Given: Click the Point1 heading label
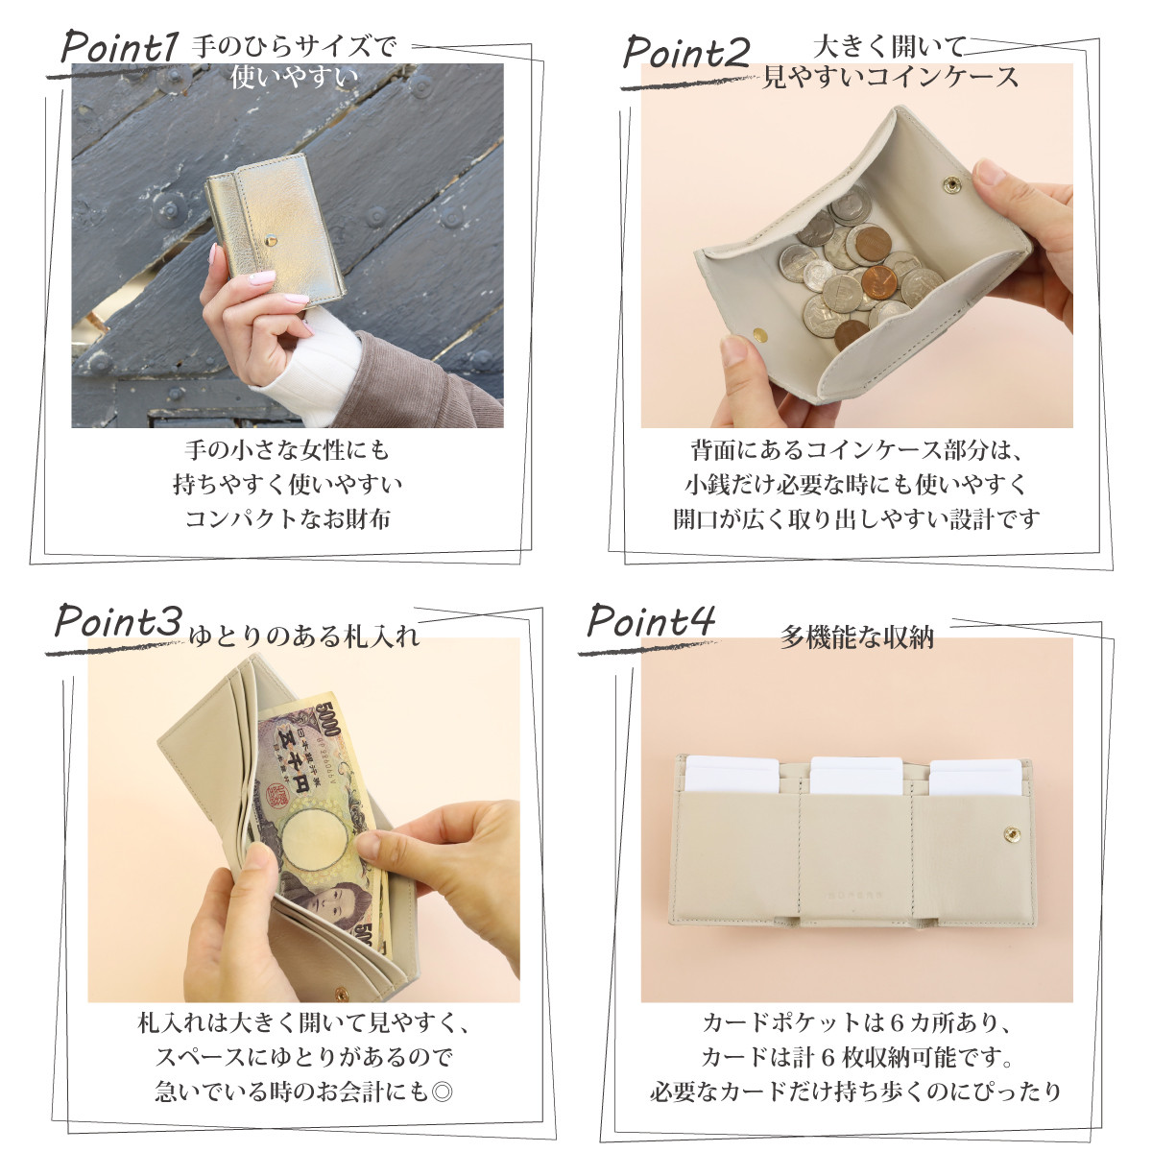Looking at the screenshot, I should (x=119, y=49).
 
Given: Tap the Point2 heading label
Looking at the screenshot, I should (x=684, y=54).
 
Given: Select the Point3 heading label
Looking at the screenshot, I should (x=117, y=622).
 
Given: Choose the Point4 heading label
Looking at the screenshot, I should (x=651, y=621).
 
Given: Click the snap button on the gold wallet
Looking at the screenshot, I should (x=270, y=236).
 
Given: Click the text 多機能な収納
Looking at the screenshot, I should (x=856, y=637).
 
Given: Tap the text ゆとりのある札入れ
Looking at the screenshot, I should (x=304, y=636).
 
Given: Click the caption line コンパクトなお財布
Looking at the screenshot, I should (x=288, y=518).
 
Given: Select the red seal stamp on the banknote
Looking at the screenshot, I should (x=277, y=796).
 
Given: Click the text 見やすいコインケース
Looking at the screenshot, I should (x=890, y=78).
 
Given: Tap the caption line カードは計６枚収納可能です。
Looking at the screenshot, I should (x=857, y=1057).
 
